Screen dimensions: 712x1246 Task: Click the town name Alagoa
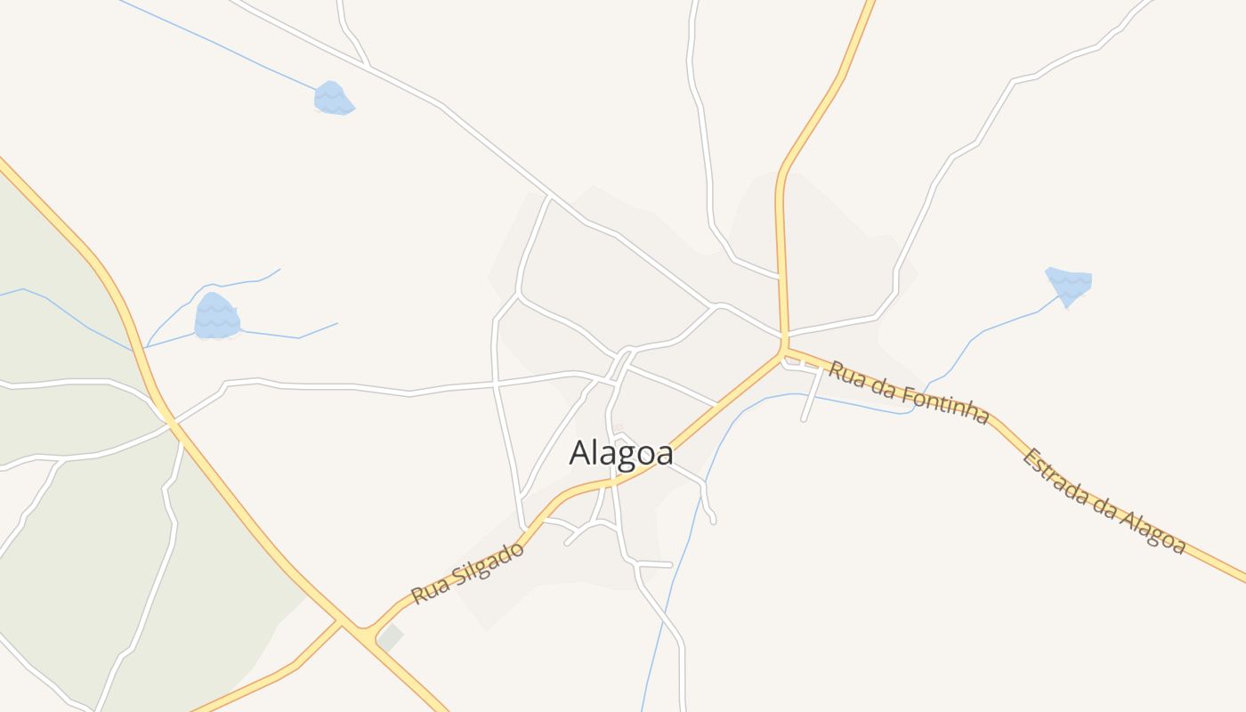tap(621, 452)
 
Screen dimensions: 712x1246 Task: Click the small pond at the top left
tap(333, 98)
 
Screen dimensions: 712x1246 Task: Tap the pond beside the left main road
tap(217, 317)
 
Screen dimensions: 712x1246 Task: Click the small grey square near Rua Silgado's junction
tap(390, 637)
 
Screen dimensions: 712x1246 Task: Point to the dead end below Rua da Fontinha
tap(804, 418)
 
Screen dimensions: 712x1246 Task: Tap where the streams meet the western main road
tap(142, 348)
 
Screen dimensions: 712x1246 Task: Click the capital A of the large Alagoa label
tap(579, 453)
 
